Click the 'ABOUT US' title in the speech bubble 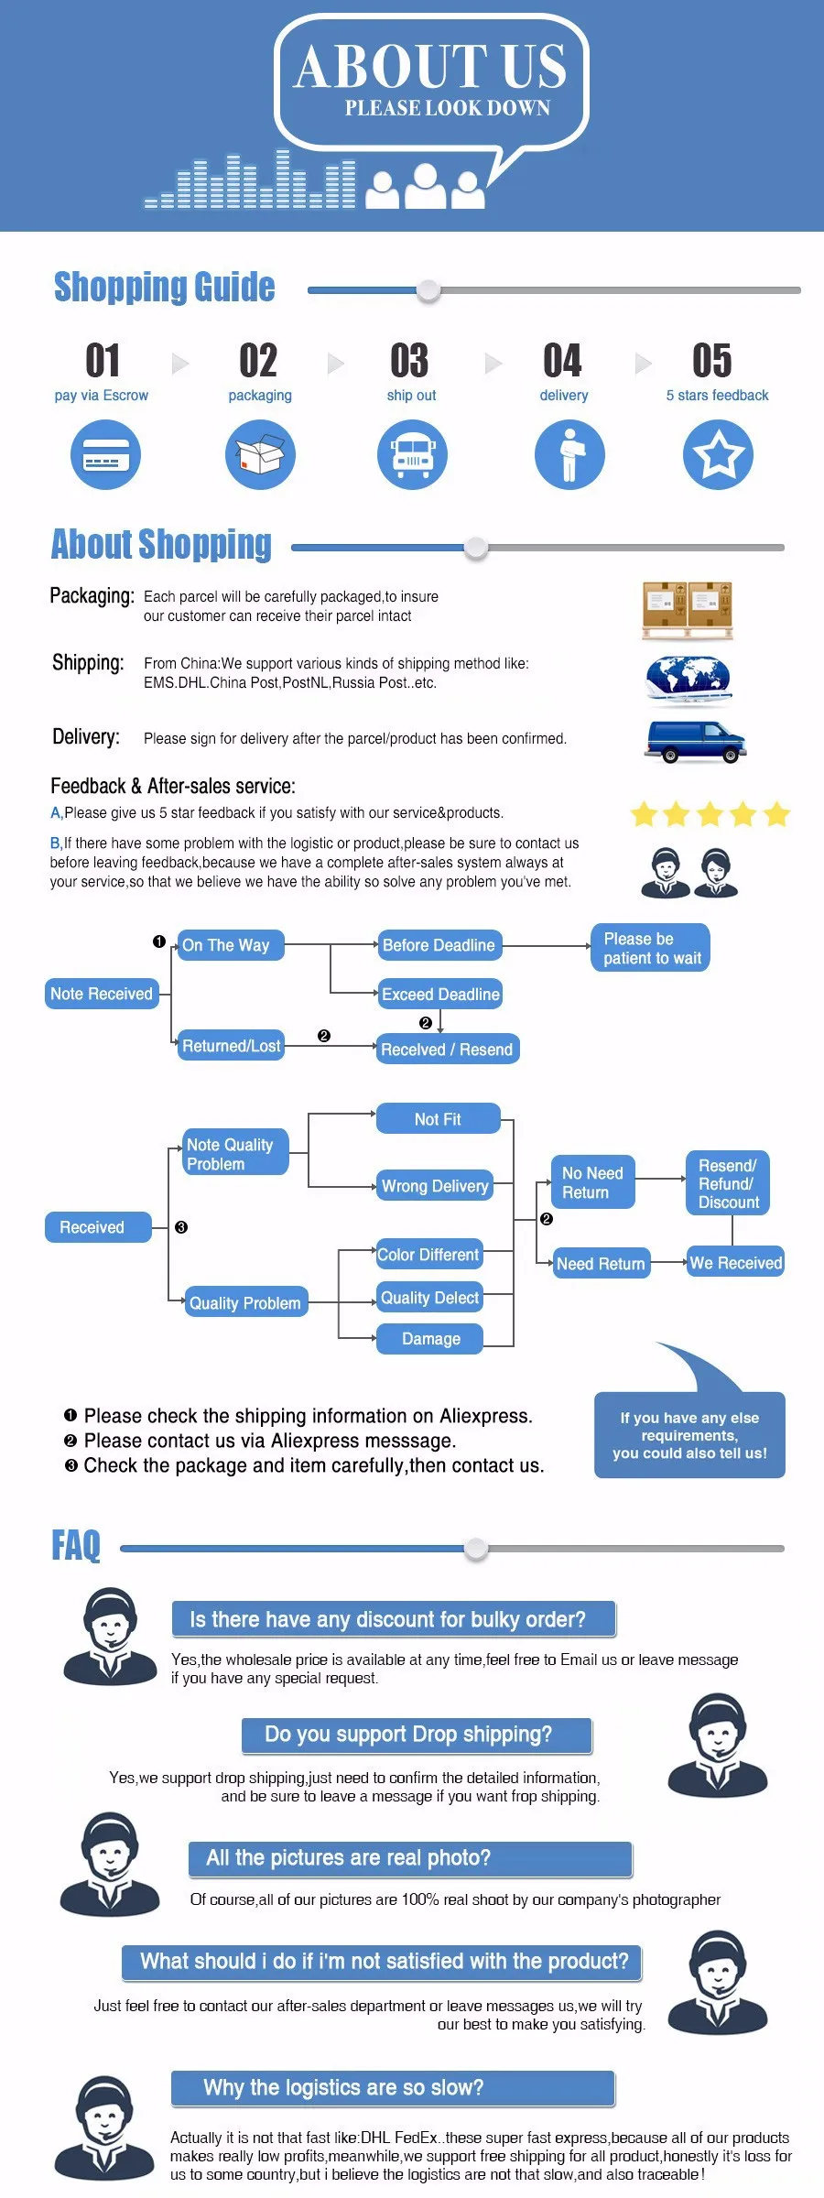pyautogui.click(x=429, y=67)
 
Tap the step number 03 pyautogui.click(x=409, y=361)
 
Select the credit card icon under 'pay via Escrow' pyautogui.click(x=106, y=454)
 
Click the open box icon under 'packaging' pyautogui.click(x=260, y=454)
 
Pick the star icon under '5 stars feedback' pyautogui.click(x=719, y=454)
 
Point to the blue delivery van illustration pyautogui.click(x=695, y=742)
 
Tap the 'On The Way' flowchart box pyautogui.click(x=231, y=945)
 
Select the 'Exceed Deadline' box pyautogui.click(x=440, y=994)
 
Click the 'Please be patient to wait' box pyautogui.click(x=651, y=948)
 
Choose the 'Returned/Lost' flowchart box pyautogui.click(x=231, y=1045)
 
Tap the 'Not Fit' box pyautogui.click(x=439, y=1119)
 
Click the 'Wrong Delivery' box pyautogui.click(x=435, y=1186)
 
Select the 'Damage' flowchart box pyautogui.click(x=430, y=1339)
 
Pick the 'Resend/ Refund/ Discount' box pyautogui.click(x=728, y=1183)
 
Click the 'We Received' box pyautogui.click(x=735, y=1263)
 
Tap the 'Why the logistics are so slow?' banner pyautogui.click(x=393, y=2089)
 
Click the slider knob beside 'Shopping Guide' pyautogui.click(x=428, y=290)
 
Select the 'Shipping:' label pyautogui.click(x=88, y=662)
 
